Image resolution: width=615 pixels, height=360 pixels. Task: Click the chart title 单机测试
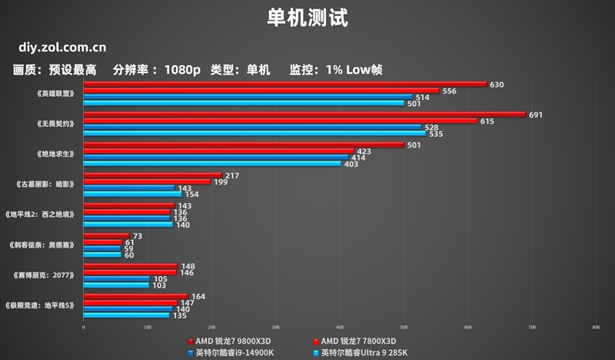coord(307,17)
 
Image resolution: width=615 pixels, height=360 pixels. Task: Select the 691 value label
coord(536,115)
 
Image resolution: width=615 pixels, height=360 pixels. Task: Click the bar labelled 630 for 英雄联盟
coord(284,85)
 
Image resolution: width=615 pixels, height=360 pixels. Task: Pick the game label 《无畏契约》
coord(56,123)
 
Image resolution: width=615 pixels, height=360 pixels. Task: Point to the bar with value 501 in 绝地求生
coord(243,145)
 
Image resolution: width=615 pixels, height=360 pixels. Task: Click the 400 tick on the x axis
coord(340,328)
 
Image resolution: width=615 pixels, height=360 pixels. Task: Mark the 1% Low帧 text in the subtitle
coord(354,70)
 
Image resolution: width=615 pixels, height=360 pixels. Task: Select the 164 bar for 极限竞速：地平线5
coord(135,296)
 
